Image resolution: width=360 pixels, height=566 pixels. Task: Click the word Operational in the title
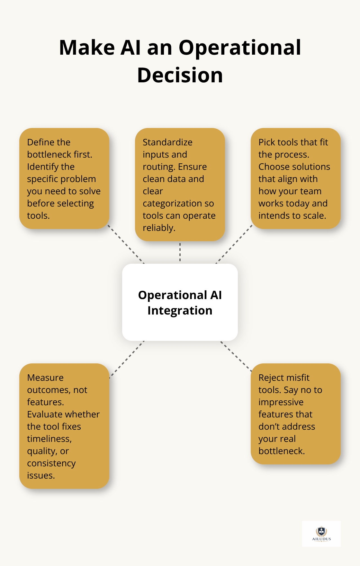click(x=240, y=48)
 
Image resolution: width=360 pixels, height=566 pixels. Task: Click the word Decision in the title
click(x=180, y=75)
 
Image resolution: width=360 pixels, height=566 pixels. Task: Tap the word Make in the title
click(x=87, y=48)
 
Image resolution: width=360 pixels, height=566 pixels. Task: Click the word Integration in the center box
click(x=180, y=311)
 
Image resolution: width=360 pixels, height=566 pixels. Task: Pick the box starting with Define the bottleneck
click(x=64, y=178)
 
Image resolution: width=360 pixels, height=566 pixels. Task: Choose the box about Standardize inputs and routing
click(x=180, y=185)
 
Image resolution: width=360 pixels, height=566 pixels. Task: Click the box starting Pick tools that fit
click(x=296, y=178)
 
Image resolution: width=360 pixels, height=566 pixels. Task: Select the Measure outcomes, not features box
click(x=64, y=426)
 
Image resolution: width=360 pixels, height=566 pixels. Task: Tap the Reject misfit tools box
click(x=296, y=414)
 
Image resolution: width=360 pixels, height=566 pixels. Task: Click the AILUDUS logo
click(x=321, y=534)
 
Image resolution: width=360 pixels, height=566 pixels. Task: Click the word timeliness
click(x=49, y=439)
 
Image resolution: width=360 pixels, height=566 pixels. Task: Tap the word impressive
click(x=281, y=402)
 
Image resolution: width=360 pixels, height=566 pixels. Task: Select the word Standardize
click(x=167, y=142)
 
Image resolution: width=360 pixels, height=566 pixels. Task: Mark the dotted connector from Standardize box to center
click(x=180, y=252)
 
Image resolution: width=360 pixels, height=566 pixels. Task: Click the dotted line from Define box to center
click(x=126, y=244)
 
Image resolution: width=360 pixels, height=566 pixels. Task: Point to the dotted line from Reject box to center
click(x=236, y=356)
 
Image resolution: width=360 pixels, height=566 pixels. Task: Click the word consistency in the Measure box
click(x=51, y=463)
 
